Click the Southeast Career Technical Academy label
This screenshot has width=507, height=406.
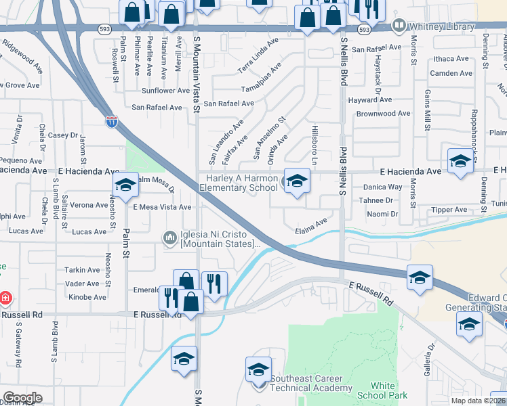coord(311,383)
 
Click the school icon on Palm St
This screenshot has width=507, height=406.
coord(125,185)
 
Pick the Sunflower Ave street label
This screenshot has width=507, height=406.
coord(165,91)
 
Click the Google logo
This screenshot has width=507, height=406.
coord(22,397)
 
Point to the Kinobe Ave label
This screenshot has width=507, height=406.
coord(87,297)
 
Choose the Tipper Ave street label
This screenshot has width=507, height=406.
coord(449,210)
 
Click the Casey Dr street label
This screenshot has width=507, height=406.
coord(63,135)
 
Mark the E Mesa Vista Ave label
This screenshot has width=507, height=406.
coord(162,207)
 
